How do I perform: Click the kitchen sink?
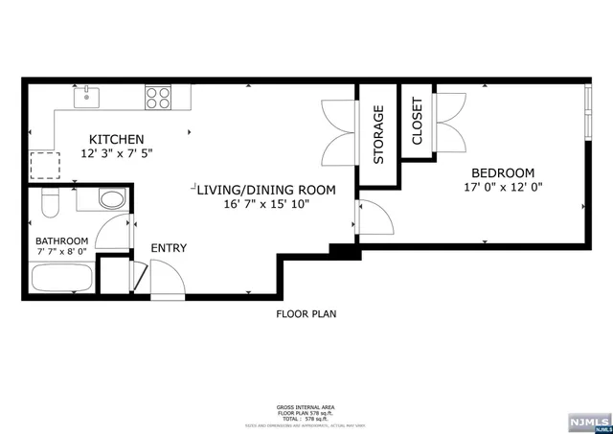click(87, 94)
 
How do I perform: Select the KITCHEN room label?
click(117, 139)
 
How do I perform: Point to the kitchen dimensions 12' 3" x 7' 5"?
click(117, 153)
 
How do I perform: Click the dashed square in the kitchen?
click(44, 166)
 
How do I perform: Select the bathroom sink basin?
click(111, 201)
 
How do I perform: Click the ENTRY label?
click(169, 249)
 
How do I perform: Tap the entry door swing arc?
click(165, 278)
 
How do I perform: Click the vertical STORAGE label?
click(378, 135)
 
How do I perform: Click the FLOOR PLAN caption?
click(306, 313)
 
